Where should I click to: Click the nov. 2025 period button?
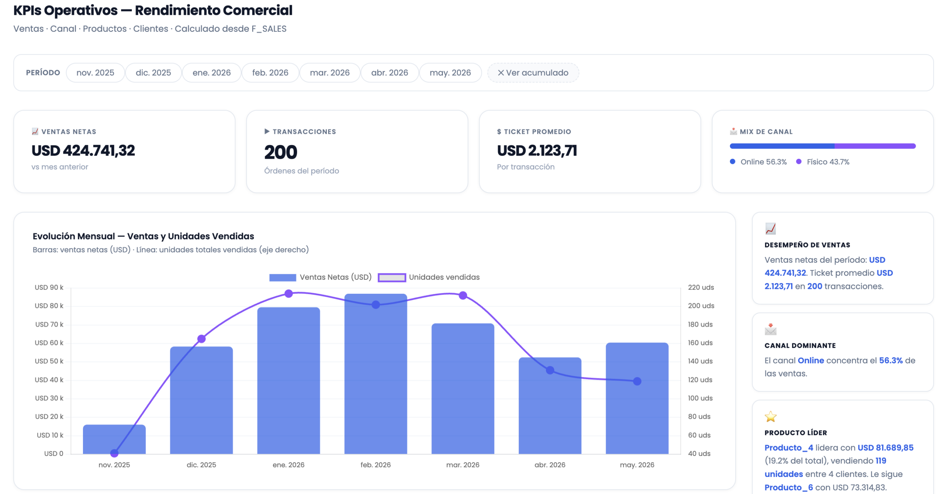pyautogui.click(x=95, y=73)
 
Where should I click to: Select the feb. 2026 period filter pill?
pyautogui.click(x=270, y=73)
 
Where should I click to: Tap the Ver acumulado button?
pyautogui.click(x=533, y=73)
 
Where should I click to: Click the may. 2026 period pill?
pyautogui.click(x=450, y=73)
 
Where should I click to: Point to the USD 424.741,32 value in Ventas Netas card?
pyautogui.click(x=83, y=151)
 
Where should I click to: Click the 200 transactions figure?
pyautogui.click(x=281, y=152)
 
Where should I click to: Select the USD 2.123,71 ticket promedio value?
pyautogui.click(x=537, y=151)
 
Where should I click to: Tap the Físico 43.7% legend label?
pyautogui.click(x=828, y=162)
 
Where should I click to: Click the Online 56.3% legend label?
pyautogui.click(x=763, y=162)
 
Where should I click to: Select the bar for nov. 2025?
pyautogui.click(x=114, y=439)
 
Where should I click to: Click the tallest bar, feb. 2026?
pyautogui.click(x=375, y=374)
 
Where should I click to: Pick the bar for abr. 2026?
pyautogui.click(x=550, y=406)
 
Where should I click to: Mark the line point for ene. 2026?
pyautogui.click(x=288, y=294)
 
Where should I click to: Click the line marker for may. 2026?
pyautogui.click(x=637, y=381)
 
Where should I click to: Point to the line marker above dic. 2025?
pyautogui.click(x=201, y=339)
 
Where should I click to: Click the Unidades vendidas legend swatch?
pyautogui.click(x=392, y=278)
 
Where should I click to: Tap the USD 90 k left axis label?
pyautogui.click(x=49, y=288)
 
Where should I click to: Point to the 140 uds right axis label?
pyautogui.click(x=700, y=361)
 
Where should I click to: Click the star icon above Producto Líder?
pyautogui.click(x=771, y=417)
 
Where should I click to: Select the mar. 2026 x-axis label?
pyautogui.click(x=463, y=465)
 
